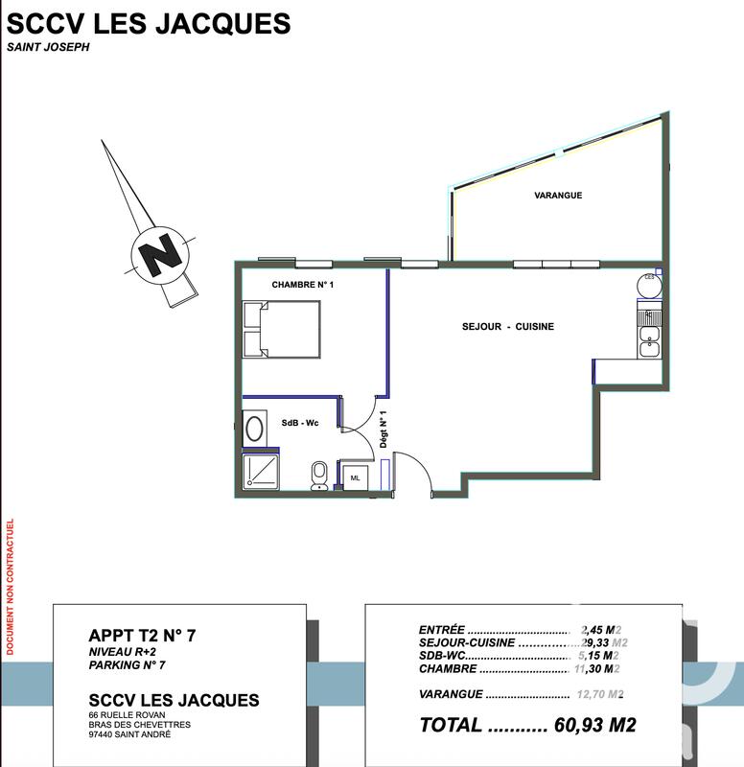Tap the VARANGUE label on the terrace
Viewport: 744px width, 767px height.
pyautogui.click(x=558, y=196)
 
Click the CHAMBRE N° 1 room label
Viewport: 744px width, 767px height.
pyautogui.click(x=303, y=285)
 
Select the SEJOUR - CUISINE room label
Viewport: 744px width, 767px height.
pyautogui.click(x=507, y=327)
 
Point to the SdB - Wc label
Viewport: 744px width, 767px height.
pyautogui.click(x=300, y=423)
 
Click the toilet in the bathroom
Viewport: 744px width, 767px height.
pyautogui.click(x=319, y=474)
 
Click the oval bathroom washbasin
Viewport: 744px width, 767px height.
pyautogui.click(x=255, y=428)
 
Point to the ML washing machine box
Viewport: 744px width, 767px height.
pyautogui.click(x=355, y=476)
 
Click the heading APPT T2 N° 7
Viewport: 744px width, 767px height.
pyautogui.click(x=143, y=635)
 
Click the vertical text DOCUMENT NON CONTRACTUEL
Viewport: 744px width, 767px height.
pyautogui.click(x=11, y=587)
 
